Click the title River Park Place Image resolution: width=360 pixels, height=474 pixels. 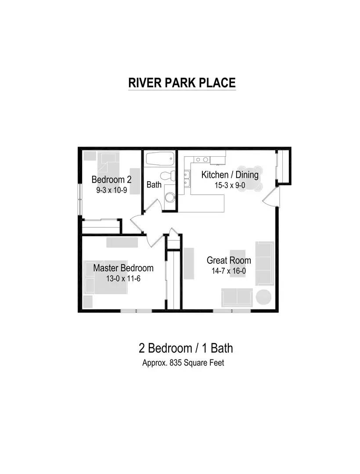(x=182, y=83)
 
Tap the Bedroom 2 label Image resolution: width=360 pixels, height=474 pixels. (x=112, y=180)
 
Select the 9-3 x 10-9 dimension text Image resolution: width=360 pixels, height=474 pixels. (x=112, y=190)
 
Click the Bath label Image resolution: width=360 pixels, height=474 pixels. (x=154, y=185)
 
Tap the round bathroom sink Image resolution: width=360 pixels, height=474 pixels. (x=169, y=197)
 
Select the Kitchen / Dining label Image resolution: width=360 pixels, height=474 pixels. (x=230, y=175)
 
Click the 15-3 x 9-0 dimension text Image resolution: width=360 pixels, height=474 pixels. (x=230, y=185)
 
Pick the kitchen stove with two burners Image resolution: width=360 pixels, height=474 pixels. (x=202, y=160)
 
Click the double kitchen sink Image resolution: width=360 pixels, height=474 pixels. (x=187, y=180)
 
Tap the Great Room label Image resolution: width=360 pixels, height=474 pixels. (x=229, y=260)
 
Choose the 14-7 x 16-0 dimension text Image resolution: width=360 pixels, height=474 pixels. (x=229, y=271)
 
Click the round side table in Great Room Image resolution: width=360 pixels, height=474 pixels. (x=263, y=297)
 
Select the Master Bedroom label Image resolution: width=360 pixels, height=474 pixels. (x=123, y=268)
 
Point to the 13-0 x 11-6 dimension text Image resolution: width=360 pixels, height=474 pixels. (x=123, y=278)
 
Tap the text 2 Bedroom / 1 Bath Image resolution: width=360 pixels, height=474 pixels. (x=186, y=348)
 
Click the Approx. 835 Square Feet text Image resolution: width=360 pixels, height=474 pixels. (x=183, y=363)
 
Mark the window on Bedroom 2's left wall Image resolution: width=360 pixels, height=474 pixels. (x=79, y=198)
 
